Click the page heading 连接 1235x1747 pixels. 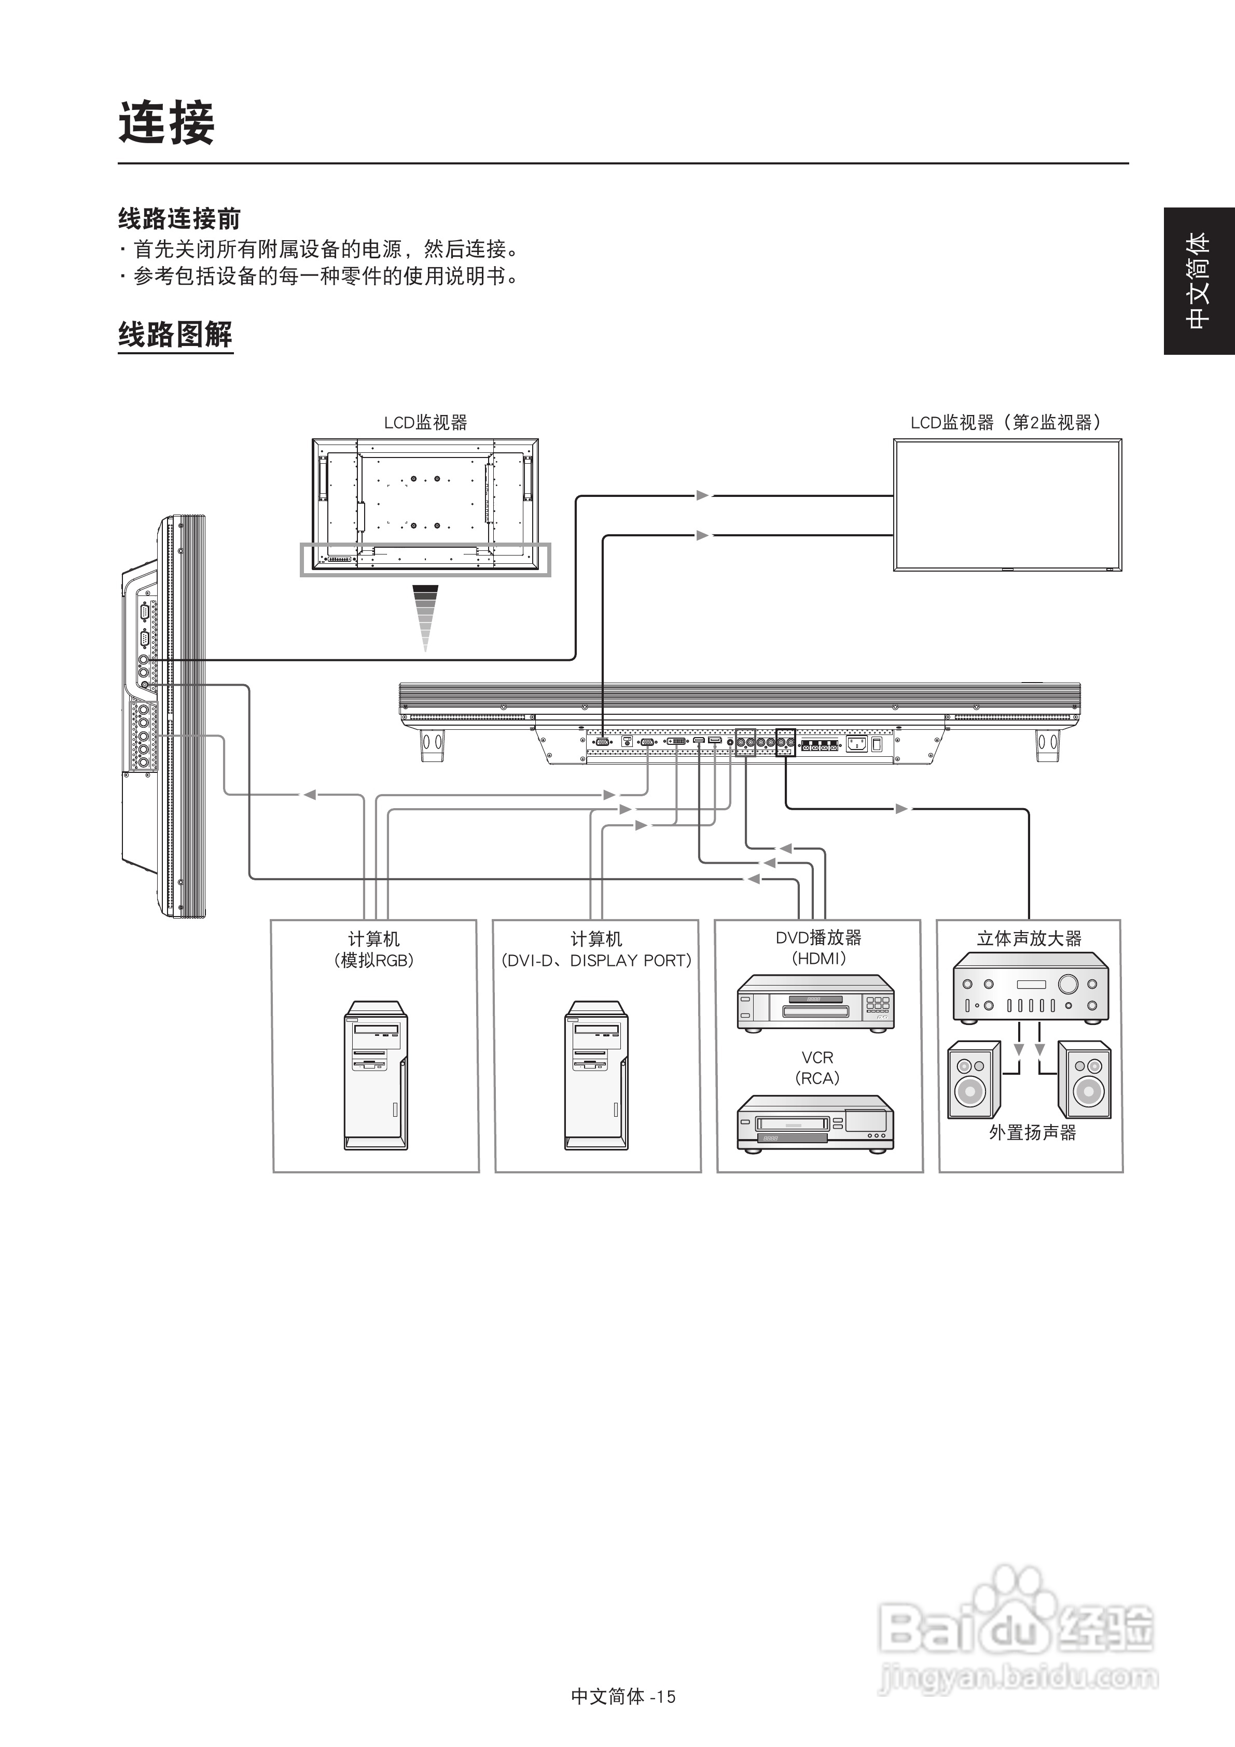[166, 123]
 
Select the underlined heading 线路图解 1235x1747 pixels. [175, 335]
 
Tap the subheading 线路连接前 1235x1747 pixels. [179, 219]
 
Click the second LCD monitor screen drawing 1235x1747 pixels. [1007, 505]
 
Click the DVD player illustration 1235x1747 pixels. [815, 1004]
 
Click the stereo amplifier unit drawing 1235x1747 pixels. [1030, 990]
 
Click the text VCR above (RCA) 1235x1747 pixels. [817, 1058]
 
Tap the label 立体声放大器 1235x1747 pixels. [1029, 939]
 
